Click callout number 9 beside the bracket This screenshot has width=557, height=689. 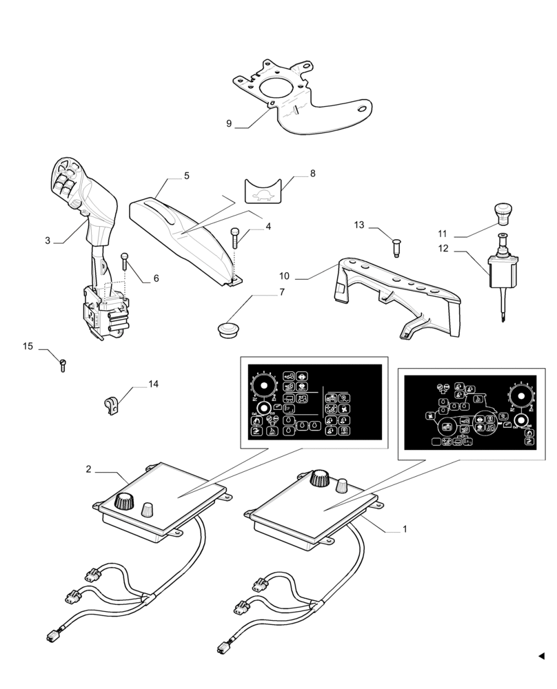[x=229, y=124]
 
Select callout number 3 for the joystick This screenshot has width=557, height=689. [x=48, y=240]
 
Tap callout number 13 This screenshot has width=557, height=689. [x=358, y=225]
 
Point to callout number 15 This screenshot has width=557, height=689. [x=28, y=347]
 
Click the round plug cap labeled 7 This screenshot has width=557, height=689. [x=228, y=329]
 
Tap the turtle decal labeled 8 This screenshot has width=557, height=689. [x=265, y=191]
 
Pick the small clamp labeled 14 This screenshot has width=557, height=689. [x=111, y=405]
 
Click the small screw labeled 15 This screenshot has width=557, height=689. [x=62, y=362]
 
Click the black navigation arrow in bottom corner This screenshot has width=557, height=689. [x=541, y=656]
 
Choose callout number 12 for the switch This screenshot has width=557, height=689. [x=443, y=248]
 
